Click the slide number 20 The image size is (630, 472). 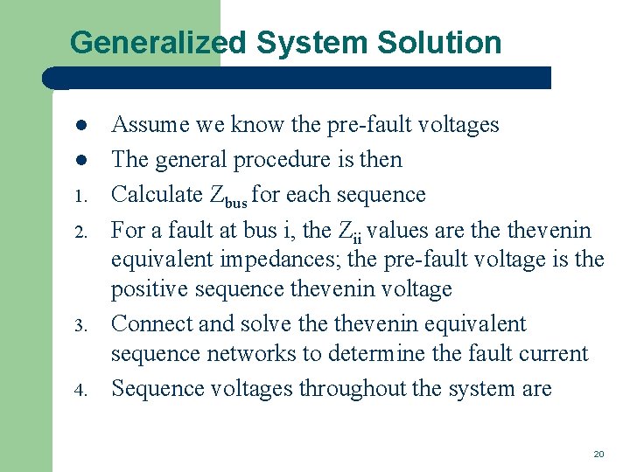pyautogui.click(x=598, y=455)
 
